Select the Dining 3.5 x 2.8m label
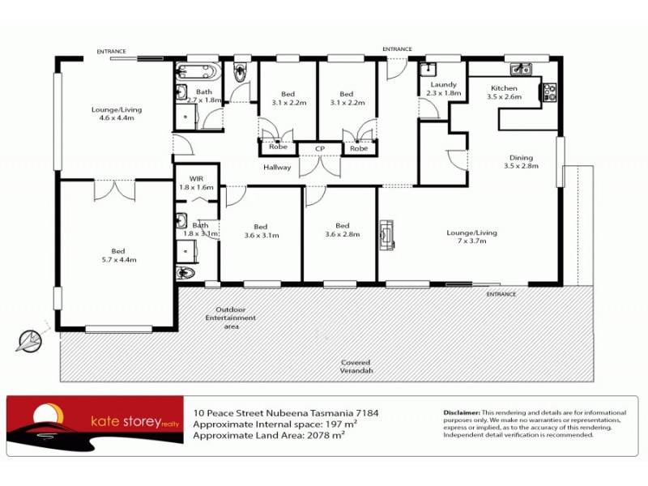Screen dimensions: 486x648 (521, 161)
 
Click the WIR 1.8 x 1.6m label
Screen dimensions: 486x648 (195, 182)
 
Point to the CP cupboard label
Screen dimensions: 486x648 (320, 149)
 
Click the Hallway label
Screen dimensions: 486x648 (276, 168)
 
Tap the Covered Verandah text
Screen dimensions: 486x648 (356, 367)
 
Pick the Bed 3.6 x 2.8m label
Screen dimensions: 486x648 (342, 230)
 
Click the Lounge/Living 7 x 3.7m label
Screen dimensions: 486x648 (471, 237)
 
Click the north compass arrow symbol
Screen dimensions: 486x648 (32, 339)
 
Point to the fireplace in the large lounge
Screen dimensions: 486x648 (388, 233)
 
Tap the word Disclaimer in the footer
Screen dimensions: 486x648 (462, 412)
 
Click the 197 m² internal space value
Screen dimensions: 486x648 (341, 424)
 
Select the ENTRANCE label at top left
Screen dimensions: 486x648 (112, 52)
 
